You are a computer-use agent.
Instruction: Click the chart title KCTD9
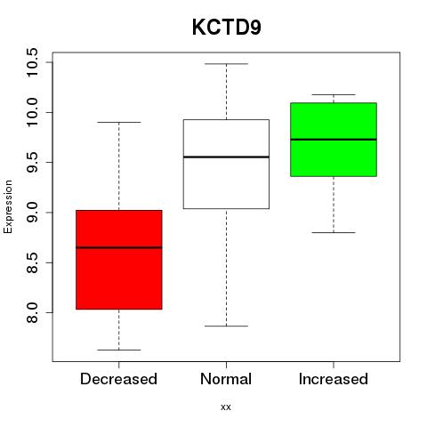227,28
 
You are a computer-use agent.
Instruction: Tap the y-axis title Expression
8,206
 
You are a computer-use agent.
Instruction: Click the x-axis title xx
226,407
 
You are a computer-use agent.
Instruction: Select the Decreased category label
118,379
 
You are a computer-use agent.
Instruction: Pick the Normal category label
226,379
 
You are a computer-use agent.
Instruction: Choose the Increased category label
334,379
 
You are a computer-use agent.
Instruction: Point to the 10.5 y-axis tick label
32,62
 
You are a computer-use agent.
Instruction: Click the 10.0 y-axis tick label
32,112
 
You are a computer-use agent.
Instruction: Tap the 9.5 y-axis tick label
32,163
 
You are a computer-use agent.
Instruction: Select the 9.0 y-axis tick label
32,213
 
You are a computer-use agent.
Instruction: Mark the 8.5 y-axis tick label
32,262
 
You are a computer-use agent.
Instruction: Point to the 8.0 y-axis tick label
32,312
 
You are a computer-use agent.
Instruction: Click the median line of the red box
119,247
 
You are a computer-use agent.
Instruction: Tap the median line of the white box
226,157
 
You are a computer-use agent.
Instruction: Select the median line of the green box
334,140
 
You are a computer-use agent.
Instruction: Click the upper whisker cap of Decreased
119,122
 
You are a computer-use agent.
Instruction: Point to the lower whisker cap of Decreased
119,350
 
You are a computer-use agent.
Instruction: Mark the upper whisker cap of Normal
226,64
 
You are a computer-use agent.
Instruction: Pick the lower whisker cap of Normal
226,326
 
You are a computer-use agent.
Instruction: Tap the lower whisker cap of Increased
334,232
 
